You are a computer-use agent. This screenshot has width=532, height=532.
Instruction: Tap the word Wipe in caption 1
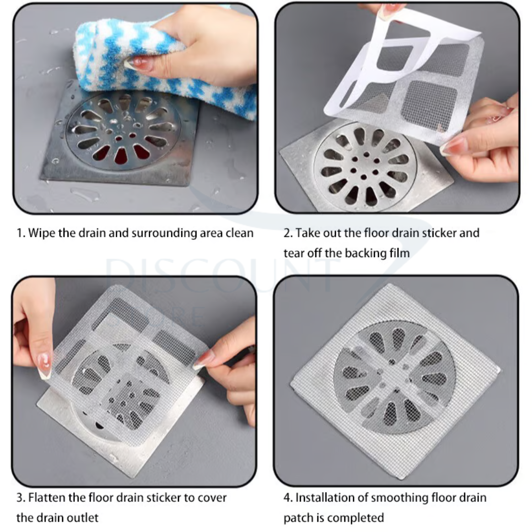pos(41,233)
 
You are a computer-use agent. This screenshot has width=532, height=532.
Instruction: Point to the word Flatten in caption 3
pos(47,498)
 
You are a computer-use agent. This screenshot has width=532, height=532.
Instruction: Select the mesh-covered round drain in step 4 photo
pos(394,377)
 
